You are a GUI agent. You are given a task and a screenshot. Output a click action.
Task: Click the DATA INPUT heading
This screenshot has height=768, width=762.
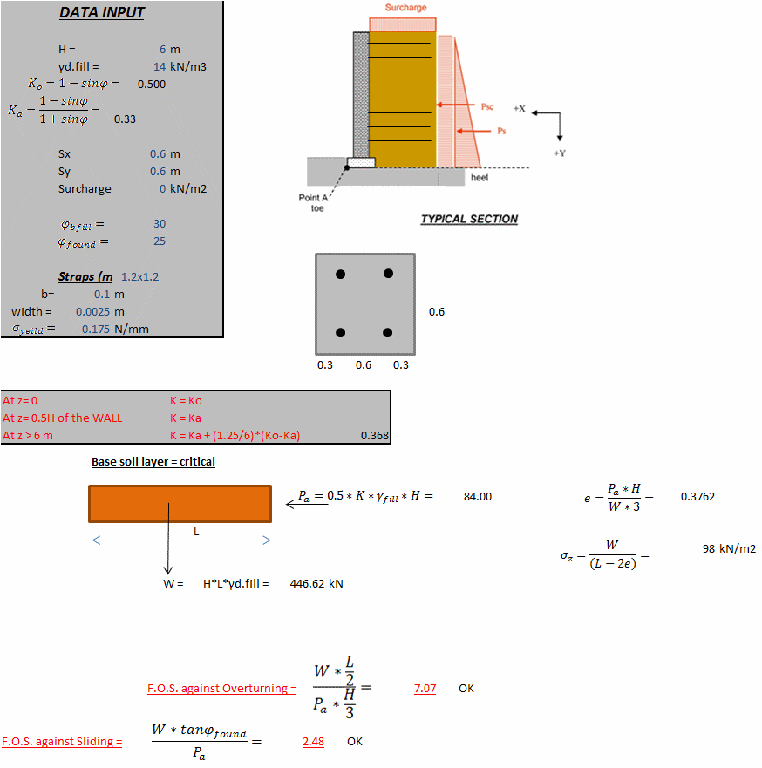pos(102,13)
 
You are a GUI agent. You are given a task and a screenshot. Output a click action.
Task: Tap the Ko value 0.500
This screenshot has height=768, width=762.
pos(151,85)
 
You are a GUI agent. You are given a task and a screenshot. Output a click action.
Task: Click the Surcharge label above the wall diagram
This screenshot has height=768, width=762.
pos(405,8)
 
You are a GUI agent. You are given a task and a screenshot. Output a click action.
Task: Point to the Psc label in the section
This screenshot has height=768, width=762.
pos(487,106)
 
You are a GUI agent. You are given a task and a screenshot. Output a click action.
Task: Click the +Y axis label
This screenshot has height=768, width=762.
pos(559,153)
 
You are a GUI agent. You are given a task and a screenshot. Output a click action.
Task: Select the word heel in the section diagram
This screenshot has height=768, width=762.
pos(480,177)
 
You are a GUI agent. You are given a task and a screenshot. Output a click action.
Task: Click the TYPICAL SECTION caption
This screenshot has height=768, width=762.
pos(469,220)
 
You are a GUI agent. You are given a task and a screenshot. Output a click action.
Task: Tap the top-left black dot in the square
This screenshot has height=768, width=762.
pos(341,274)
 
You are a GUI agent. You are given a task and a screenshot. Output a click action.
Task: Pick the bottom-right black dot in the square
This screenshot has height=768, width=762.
pos(389,333)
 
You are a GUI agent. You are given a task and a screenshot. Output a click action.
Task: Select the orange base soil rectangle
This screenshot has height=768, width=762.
pos(180,504)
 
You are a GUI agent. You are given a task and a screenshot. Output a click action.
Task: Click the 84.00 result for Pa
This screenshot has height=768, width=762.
pos(477,497)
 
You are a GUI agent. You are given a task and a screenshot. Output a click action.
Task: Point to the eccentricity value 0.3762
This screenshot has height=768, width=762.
pos(697,497)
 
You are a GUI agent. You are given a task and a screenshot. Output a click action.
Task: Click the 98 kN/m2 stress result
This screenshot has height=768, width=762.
pos(729,549)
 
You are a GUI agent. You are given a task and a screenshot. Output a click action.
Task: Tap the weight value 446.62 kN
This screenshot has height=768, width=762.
pos(316,584)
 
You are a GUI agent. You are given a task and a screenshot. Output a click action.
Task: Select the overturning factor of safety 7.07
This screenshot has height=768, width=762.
pos(425,689)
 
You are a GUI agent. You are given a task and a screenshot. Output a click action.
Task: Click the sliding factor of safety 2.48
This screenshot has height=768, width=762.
pos(313,742)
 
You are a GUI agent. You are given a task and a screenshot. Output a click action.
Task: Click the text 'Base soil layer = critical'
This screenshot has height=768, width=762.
pos(153,462)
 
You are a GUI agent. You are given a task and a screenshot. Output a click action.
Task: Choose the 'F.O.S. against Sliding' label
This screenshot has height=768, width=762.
pos(61,742)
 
